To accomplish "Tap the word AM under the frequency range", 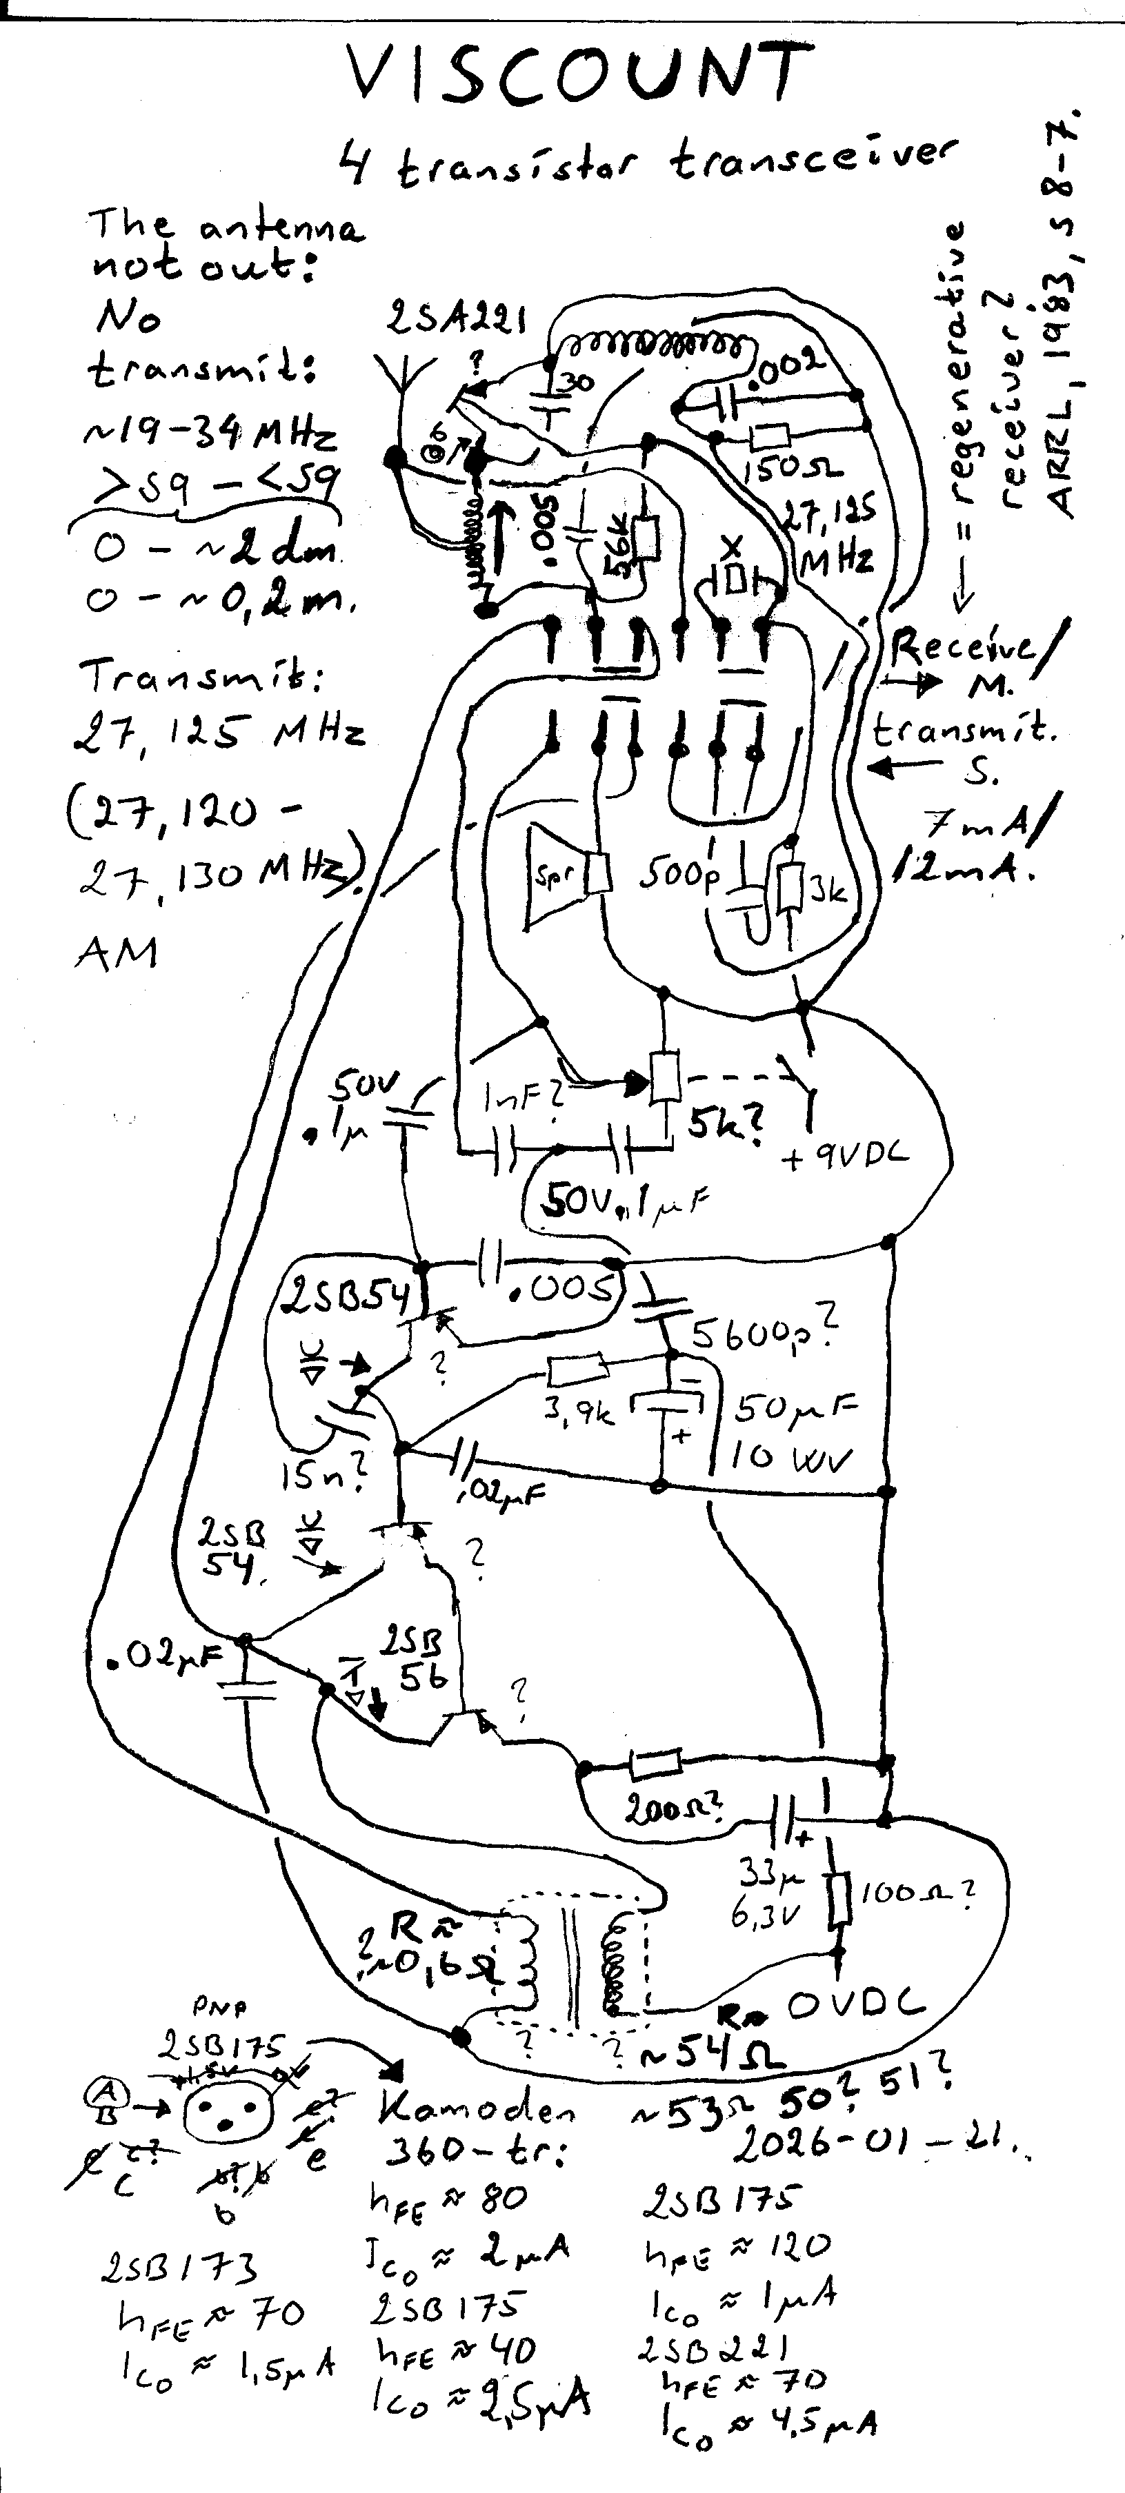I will [x=115, y=953].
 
